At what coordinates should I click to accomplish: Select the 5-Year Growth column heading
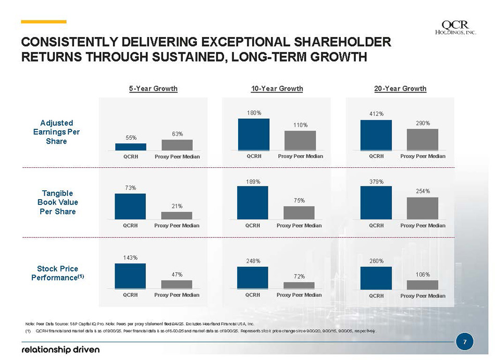point(153,89)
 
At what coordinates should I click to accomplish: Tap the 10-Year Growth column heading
point(277,89)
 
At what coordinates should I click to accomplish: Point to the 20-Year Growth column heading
point(400,89)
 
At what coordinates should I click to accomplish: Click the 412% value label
point(376,113)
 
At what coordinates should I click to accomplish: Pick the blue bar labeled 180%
point(254,134)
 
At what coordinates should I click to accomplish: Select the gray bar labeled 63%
point(177,145)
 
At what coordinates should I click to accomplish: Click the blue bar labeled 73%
point(130,206)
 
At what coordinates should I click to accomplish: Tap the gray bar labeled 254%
point(423,208)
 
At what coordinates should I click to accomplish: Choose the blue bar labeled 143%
point(130,276)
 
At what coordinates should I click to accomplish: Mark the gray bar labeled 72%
point(299,285)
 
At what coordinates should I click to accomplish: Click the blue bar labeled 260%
point(376,278)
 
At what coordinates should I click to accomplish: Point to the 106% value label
point(423,274)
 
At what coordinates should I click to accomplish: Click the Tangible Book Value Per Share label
point(57,202)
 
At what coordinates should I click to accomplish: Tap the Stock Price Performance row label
point(57,274)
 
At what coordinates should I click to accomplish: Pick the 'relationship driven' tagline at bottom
point(60,349)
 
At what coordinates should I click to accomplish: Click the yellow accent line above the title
point(44,22)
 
